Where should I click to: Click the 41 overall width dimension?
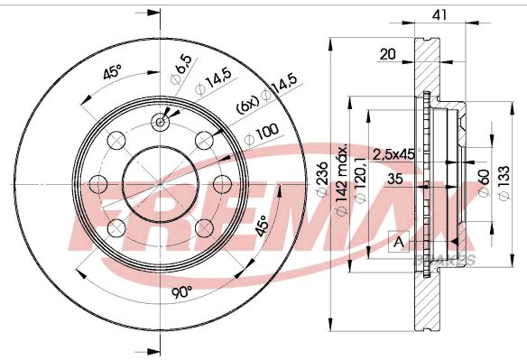pos(439,14)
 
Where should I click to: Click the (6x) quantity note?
pos(247,105)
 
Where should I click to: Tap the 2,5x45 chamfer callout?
pos(394,154)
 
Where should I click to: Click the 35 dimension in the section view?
pos(395,179)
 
